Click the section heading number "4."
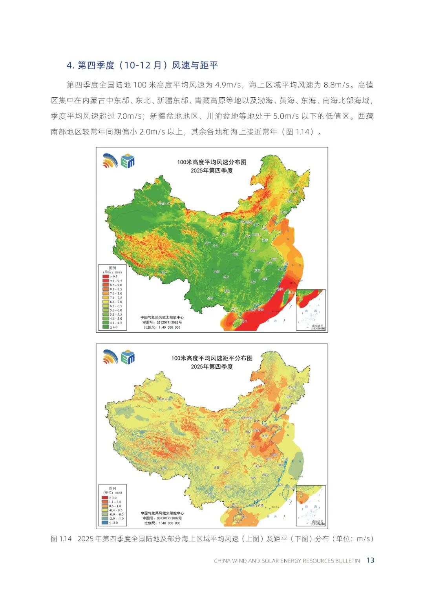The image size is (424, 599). pyautogui.click(x=70, y=66)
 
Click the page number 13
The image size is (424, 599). pyautogui.click(x=370, y=560)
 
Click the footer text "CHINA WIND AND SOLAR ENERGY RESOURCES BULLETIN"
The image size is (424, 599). pyautogui.click(x=287, y=561)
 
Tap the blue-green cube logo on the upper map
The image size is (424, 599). pyautogui.click(x=128, y=161)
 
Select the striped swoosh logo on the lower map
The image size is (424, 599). pyautogui.click(x=110, y=357)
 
